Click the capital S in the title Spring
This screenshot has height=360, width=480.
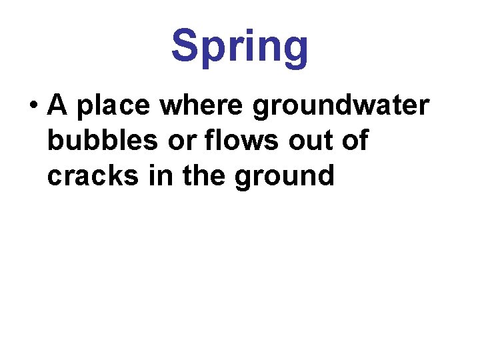click(x=186, y=45)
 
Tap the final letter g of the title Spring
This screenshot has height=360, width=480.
click(x=294, y=50)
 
